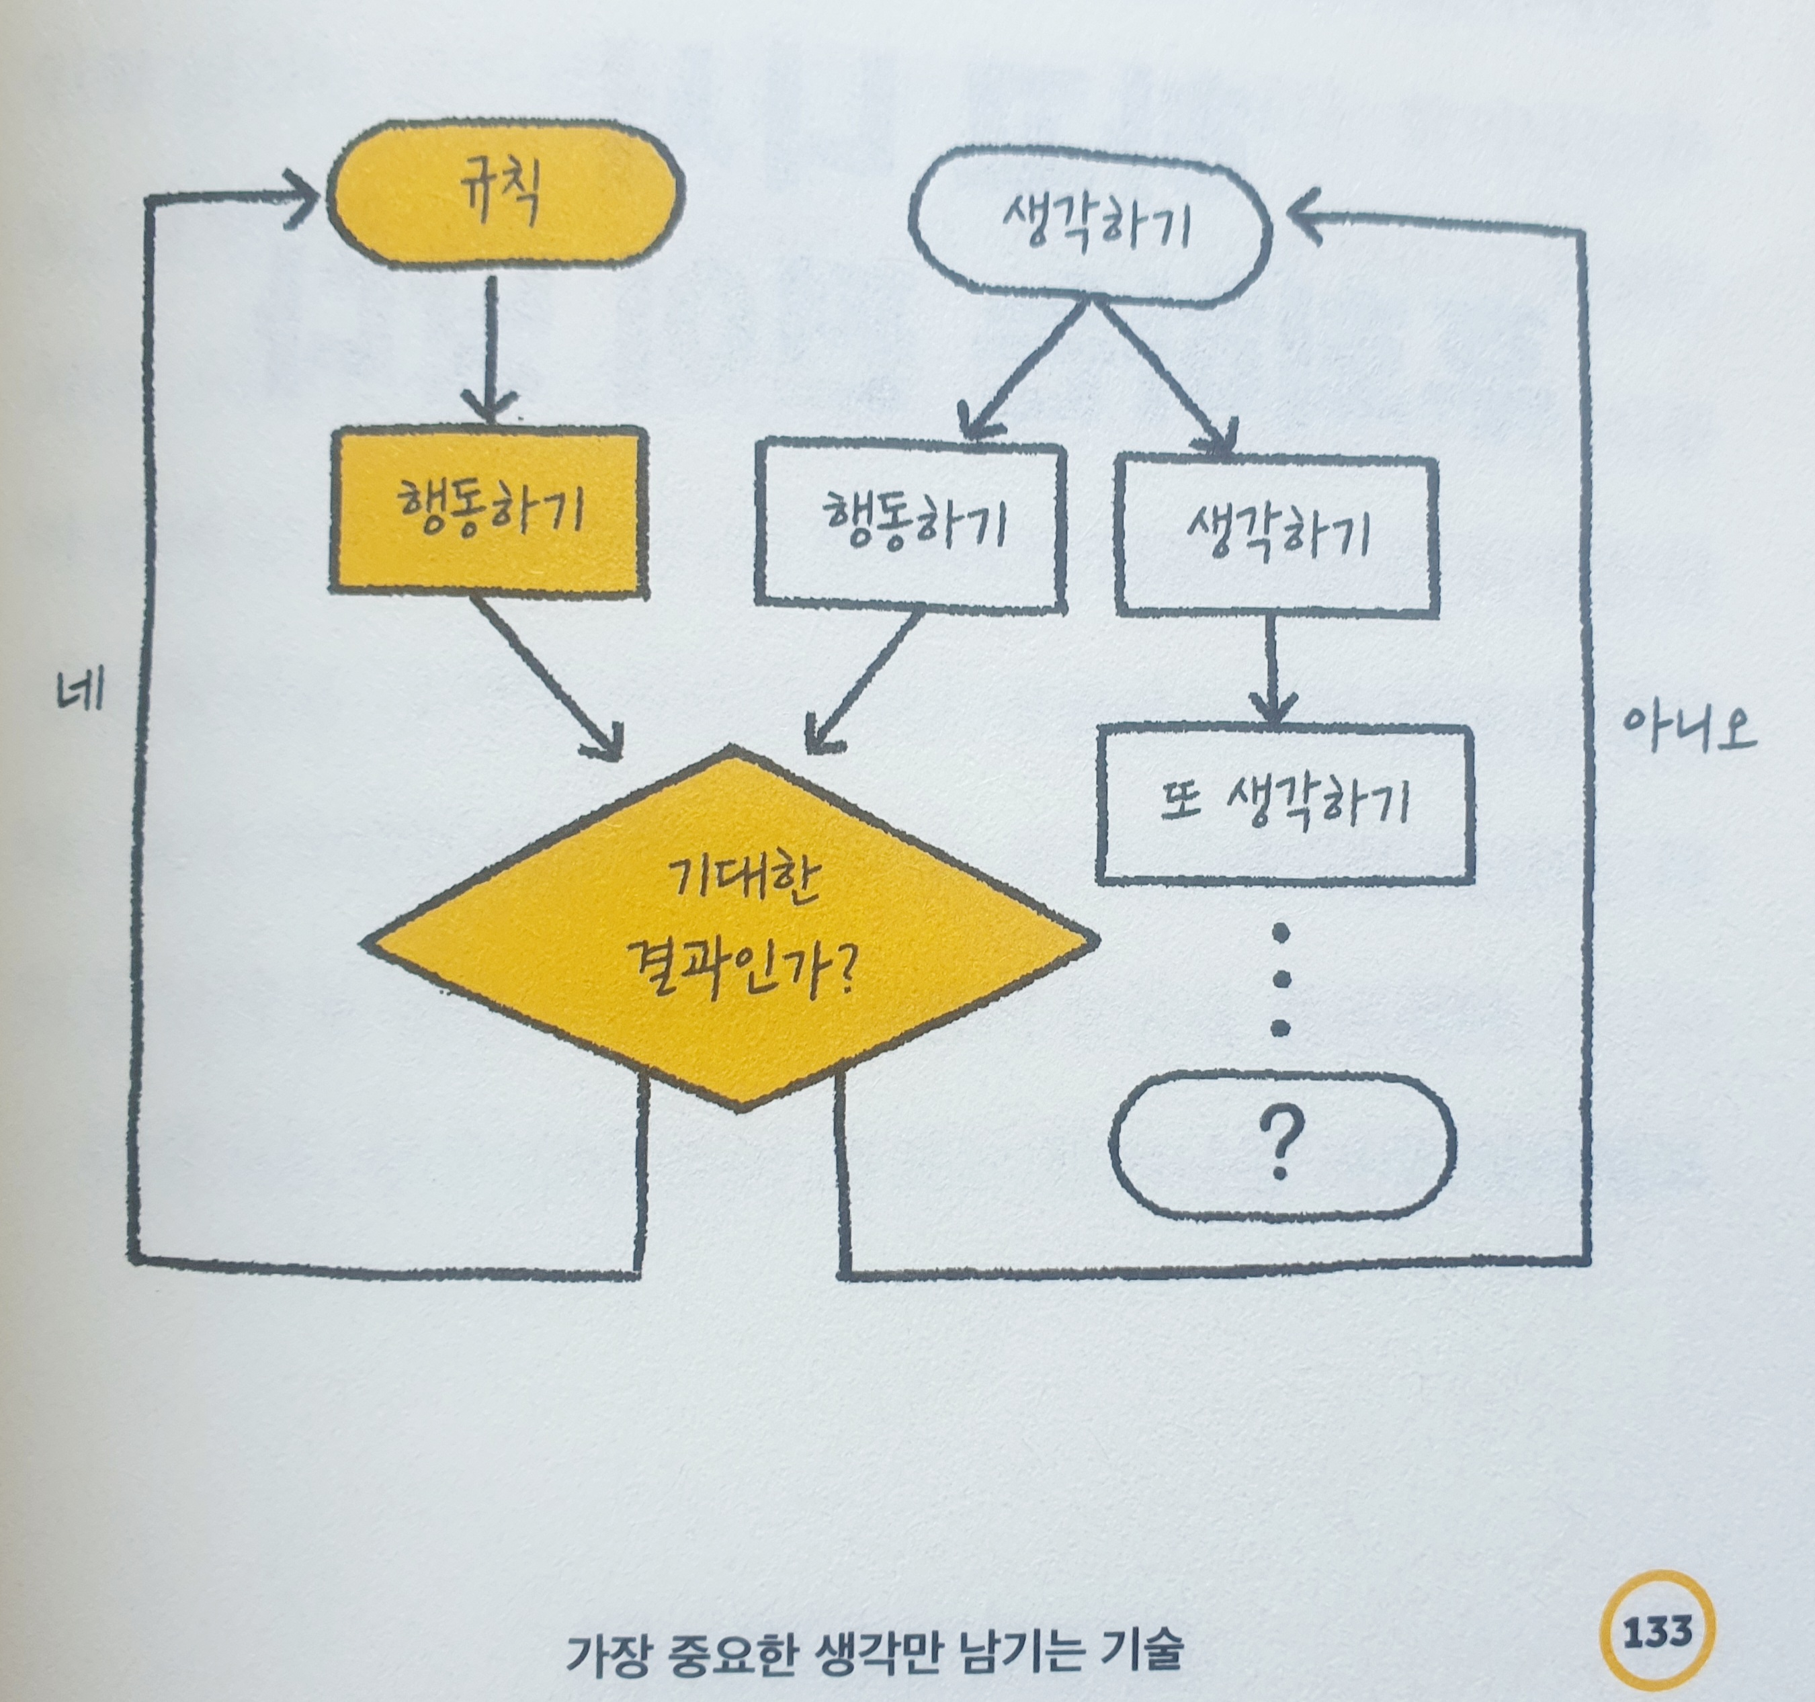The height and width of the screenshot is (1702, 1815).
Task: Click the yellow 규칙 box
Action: [505, 194]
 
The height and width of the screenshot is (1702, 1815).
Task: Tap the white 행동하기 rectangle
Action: [911, 524]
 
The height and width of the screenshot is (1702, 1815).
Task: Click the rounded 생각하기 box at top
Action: [1091, 226]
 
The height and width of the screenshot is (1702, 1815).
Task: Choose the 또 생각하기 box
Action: [1285, 804]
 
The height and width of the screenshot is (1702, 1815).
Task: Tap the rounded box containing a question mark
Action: [1281, 1145]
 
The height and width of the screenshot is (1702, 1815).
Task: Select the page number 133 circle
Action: [1657, 1631]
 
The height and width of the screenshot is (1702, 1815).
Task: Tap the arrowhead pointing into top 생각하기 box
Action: [1305, 216]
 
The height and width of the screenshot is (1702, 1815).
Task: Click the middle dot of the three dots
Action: [1281, 980]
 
